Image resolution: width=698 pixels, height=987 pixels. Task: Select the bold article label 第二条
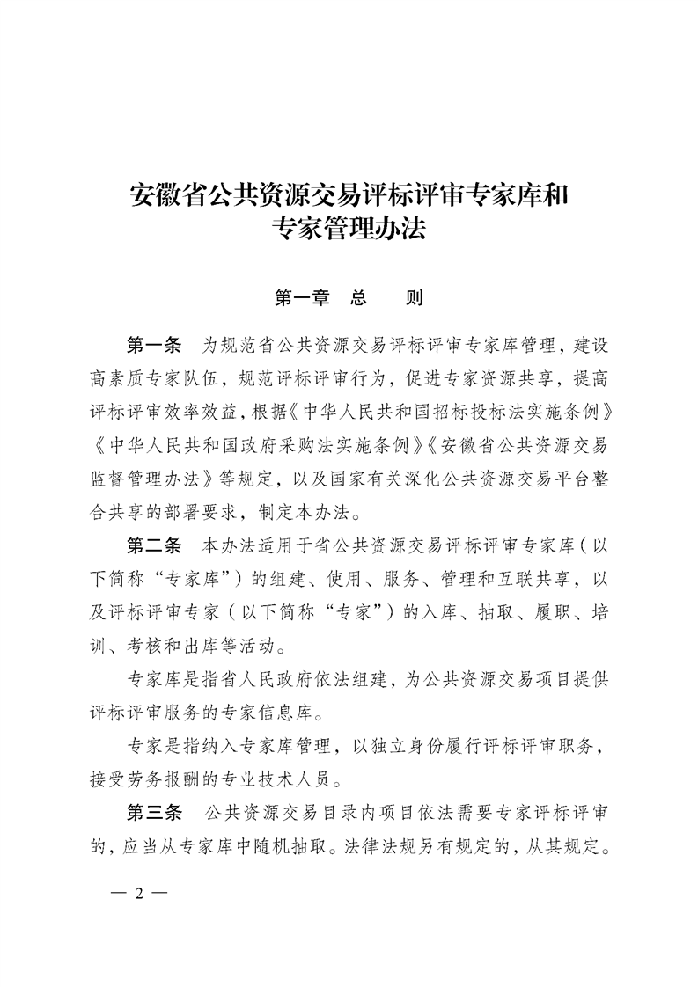(154, 545)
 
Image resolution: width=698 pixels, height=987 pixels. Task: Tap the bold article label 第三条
(154, 810)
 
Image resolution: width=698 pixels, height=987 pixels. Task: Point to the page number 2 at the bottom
(139, 895)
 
